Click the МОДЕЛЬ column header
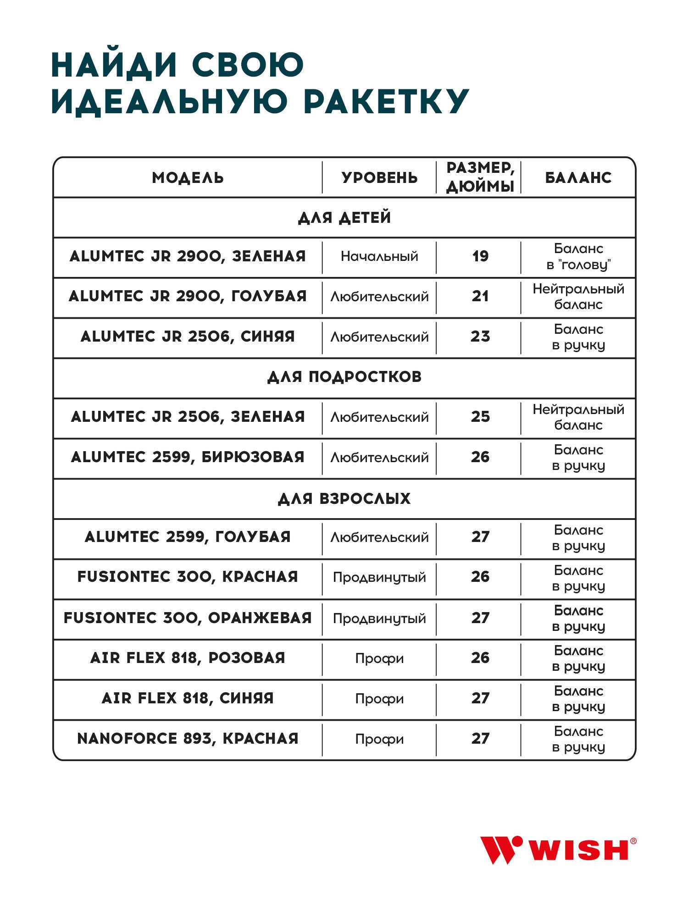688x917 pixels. click(188, 178)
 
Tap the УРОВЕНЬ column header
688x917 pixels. click(379, 178)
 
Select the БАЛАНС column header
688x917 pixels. click(578, 178)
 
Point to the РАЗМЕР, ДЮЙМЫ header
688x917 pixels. click(480, 177)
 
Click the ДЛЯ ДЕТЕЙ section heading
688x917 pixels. click(344, 217)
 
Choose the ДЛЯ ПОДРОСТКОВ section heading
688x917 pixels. click(344, 377)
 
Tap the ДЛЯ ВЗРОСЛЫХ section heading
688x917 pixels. click(344, 498)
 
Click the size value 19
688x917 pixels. click(480, 256)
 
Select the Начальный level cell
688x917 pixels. click(379, 256)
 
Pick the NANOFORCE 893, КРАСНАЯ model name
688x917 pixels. click(188, 739)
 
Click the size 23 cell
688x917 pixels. click(480, 337)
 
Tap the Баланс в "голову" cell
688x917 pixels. click(578, 257)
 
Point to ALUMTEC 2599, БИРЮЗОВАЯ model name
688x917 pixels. click(188, 457)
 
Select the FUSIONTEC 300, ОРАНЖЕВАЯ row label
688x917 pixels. click(188, 618)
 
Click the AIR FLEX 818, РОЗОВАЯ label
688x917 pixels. click(188, 658)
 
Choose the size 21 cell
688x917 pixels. click(480, 296)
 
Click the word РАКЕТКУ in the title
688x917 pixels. click(386, 102)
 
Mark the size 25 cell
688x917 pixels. click(480, 417)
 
